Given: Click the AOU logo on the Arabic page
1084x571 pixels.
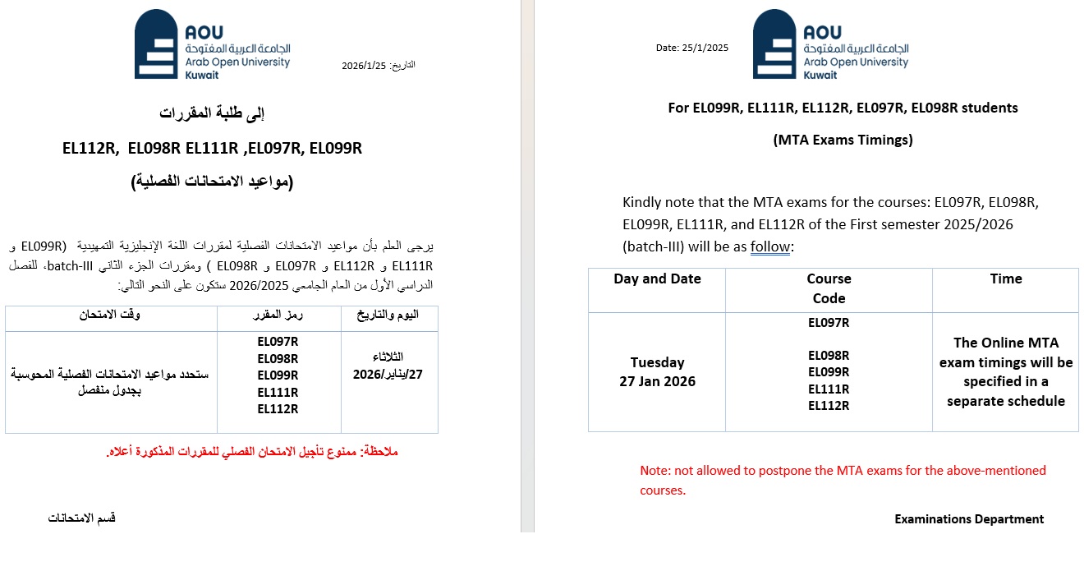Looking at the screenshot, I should [x=212, y=45].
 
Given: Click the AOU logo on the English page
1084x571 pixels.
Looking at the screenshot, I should [x=830, y=45].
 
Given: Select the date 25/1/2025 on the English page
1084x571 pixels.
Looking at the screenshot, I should [x=691, y=48].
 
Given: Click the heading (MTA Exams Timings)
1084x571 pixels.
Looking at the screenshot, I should [x=843, y=140].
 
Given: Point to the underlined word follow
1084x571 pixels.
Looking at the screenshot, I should [x=769, y=247].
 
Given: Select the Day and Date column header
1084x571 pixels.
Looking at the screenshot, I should [x=657, y=279].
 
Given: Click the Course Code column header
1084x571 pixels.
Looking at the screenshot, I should [x=829, y=288].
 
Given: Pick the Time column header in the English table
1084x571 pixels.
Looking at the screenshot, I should [x=1005, y=279].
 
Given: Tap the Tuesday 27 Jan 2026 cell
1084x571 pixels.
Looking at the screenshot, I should [x=657, y=371].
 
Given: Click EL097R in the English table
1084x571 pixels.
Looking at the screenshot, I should [x=829, y=323].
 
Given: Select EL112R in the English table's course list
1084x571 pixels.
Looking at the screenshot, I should [x=829, y=406].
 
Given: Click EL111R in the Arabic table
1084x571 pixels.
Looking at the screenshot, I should [x=278, y=392].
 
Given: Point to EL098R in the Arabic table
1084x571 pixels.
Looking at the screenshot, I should [x=278, y=358].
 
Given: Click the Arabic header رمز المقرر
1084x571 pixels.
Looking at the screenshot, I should [x=278, y=315].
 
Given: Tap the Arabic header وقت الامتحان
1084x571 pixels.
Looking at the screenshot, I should [x=110, y=315].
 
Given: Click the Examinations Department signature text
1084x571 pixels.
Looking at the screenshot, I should [x=969, y=519].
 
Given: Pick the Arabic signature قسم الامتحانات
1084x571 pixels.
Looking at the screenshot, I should [x=81, y=518].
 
